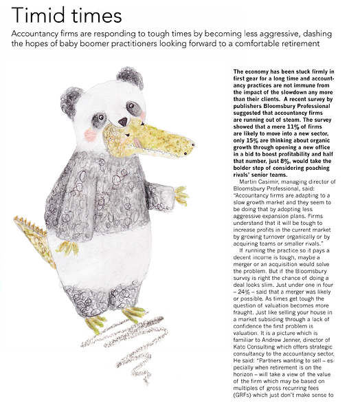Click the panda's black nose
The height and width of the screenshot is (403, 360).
pos(123,122)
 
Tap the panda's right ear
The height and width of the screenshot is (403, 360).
pos(129,78)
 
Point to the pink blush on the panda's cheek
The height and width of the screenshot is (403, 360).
pos(90,134)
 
